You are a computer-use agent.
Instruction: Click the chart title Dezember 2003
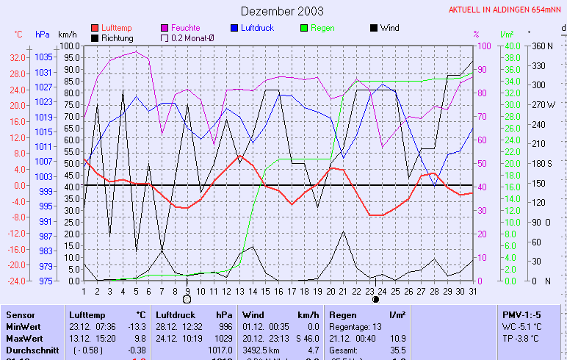(x=282, y=11)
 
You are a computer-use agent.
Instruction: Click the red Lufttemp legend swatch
(x=95, y=28)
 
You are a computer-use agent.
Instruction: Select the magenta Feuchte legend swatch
(x=165, y=28)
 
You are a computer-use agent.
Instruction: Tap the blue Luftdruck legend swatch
(x=235, y=28)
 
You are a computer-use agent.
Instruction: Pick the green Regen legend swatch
(x=306, y=28)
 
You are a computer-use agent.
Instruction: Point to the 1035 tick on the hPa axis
(x=43, y=57)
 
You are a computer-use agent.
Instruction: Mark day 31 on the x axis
(x=472, y=291)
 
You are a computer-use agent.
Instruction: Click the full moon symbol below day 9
(x=187, y=299)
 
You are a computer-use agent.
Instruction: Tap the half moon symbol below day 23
(x=375, y=299)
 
